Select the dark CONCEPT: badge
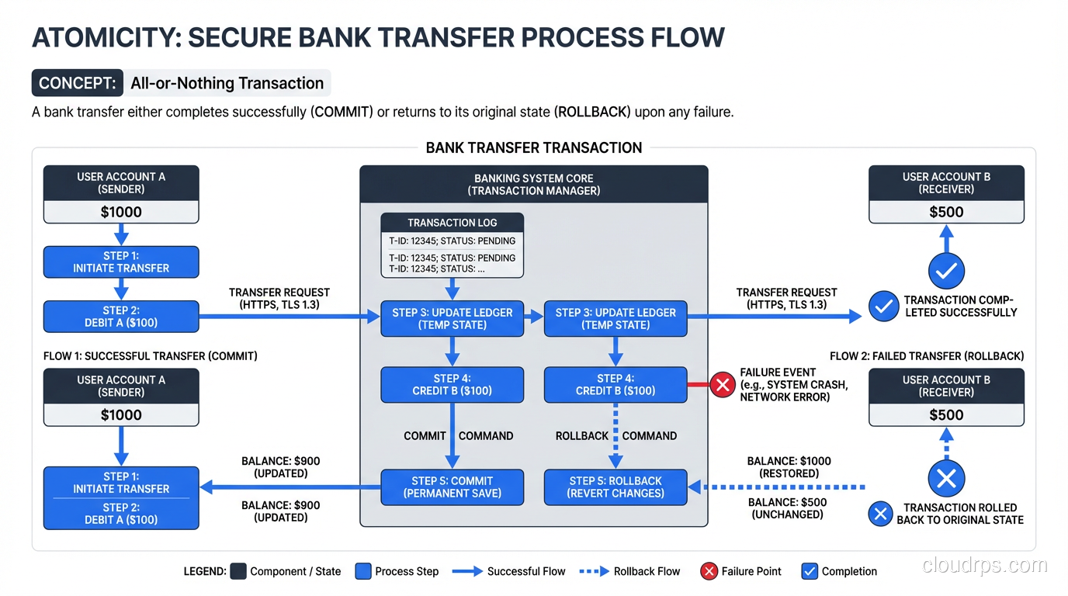78,83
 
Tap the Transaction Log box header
453,223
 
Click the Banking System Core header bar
534,185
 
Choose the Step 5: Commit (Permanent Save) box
453,487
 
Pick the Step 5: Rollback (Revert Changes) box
615,487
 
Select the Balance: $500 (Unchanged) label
787,508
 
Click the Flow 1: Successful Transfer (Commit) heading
151,356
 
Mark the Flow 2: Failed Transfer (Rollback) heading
927,356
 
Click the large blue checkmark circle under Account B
946,272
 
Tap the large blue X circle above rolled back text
946,478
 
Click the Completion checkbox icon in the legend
810,571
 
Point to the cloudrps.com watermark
984,566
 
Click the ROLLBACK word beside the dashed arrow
582,436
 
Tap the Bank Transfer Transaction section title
534,147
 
